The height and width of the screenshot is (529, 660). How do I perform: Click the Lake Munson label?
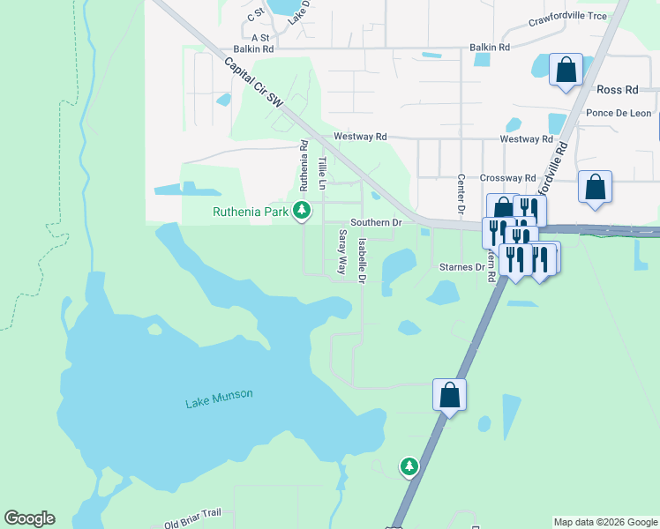tap(219, 399)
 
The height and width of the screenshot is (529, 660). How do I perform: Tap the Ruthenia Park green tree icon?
tap(302, 210)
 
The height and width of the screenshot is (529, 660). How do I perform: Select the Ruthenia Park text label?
tap(251, 212)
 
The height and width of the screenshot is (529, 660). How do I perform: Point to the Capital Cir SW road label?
tap(253, 84)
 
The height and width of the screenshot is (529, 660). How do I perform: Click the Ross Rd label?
tap(617, 90)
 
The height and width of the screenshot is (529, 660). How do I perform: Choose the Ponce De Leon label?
tap(618, 113)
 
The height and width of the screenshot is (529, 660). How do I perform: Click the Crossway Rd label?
tap(508, 177)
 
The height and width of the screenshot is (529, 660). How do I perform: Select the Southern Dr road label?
tap(376, 223)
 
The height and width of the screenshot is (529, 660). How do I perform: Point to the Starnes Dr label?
tap(462, 266)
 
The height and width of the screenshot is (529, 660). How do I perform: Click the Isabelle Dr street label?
tap(362, 260)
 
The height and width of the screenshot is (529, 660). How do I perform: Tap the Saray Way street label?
tap(342, 251)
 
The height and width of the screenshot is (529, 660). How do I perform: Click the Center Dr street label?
tap(461, 195)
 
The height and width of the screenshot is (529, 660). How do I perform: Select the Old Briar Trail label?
tap(191, 520)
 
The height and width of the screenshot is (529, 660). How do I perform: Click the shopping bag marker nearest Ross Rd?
tap(566, 69)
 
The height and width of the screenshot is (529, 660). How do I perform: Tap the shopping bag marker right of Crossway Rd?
tap(596, 187)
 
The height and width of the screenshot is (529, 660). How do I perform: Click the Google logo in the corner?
tap(29, 518)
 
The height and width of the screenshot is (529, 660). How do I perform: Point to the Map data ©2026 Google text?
tap(605, 522)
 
